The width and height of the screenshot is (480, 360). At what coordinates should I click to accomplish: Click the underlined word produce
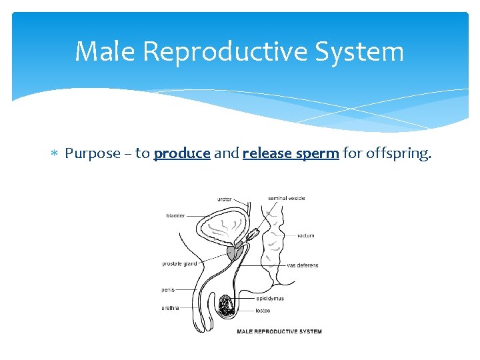pos(182,154)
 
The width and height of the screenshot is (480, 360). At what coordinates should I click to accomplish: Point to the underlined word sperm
pos(317,154)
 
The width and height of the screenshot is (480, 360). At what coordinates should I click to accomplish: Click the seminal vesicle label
pos(287,198)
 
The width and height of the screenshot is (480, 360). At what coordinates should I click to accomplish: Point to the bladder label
pos(176,215)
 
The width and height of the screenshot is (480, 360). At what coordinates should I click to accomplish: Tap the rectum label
pos(306,235)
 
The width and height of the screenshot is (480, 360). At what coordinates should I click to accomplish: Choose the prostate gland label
pos(179,264)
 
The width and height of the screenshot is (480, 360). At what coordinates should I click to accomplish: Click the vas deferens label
pos(303,265)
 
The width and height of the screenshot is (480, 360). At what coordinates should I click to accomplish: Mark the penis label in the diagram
pos(168,289)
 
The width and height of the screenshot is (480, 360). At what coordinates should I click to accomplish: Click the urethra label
pos(170,307)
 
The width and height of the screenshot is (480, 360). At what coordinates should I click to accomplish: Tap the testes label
pos(262,311)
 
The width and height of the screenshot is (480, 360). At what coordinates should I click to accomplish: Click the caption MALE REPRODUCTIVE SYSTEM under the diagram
pos(279,331)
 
